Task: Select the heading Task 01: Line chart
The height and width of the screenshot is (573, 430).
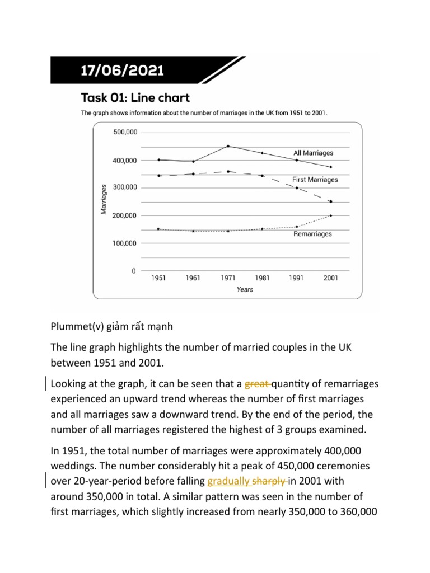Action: (135, 98)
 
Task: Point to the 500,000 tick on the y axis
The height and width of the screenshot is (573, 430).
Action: (124, 133)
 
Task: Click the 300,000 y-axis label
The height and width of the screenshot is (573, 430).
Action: (124, 188)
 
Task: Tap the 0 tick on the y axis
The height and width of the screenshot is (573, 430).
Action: (133, 271)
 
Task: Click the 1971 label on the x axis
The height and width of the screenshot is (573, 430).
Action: (227, 278)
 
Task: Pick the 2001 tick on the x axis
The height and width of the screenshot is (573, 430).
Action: (330, 278)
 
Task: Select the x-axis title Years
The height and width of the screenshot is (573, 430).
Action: (245, 289)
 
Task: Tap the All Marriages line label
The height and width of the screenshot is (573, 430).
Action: (313, 153)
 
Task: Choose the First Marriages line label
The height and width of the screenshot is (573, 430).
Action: (315, 180)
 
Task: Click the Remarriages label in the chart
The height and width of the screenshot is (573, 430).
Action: (312, 234)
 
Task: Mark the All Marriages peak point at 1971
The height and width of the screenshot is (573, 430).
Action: (228, 146)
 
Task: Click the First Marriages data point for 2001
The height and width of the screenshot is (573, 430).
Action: (331, 201)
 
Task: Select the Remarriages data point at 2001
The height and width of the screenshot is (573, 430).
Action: (331, 215)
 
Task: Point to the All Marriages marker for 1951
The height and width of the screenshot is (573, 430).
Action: (159, 159)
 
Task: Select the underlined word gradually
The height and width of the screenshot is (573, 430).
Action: (229, 480)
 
